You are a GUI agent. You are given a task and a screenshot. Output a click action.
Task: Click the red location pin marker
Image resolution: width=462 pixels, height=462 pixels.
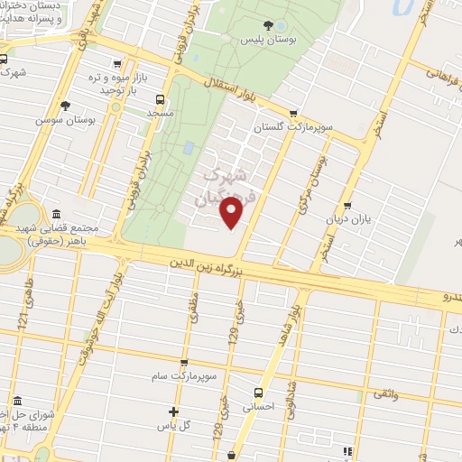coord(232,213)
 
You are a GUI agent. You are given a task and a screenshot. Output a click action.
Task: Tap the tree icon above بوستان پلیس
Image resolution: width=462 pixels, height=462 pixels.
coord(268,25)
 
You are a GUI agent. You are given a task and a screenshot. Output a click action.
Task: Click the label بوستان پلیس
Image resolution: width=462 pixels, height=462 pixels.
coord(267,41)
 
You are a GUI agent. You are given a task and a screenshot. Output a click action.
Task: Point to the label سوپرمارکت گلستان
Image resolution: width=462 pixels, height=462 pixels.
coord(293,128)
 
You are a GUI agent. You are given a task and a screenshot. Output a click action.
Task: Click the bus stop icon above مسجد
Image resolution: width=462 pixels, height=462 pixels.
coord(160,99)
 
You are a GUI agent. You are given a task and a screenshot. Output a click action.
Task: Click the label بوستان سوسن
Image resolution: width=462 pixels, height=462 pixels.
coord(66,119)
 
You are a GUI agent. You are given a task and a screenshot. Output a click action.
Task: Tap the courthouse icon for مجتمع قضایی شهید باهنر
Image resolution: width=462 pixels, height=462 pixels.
coord(57,214)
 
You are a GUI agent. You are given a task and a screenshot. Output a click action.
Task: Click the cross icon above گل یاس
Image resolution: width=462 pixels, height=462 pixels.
coord(173,411)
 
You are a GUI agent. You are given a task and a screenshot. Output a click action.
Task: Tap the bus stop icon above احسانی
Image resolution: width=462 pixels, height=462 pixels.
coord(259,393)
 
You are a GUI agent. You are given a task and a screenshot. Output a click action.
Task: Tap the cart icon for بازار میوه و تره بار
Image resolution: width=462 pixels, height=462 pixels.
coord(116,63)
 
